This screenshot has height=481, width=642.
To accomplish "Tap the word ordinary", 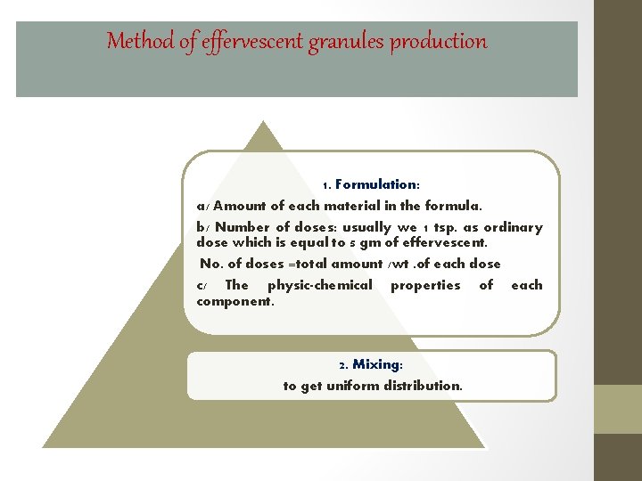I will point(512,227).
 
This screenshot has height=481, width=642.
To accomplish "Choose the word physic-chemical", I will point(319,285).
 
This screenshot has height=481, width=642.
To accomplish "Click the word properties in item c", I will point(425,285).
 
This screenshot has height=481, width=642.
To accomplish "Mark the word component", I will point(235,301).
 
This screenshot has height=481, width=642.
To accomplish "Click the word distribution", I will point(423,386).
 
